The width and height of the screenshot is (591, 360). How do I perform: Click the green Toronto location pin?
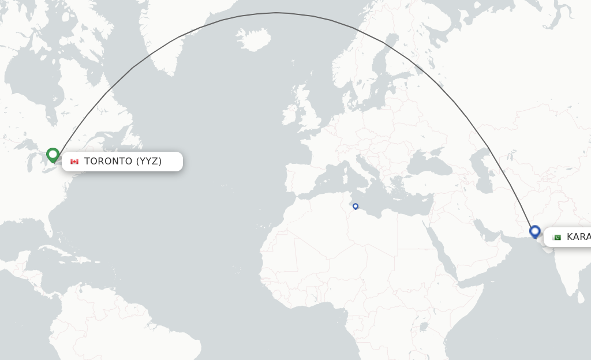53,155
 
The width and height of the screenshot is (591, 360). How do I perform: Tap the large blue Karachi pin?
535,231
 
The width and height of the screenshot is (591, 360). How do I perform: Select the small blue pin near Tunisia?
356,206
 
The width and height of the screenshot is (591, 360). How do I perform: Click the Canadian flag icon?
74,162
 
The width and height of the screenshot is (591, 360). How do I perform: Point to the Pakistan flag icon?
556,237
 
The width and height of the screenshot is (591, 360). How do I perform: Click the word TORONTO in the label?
109,162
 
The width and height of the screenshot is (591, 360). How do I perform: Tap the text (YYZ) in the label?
149,162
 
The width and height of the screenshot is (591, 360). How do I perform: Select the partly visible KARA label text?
578,237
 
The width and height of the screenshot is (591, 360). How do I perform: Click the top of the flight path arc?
277,13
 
